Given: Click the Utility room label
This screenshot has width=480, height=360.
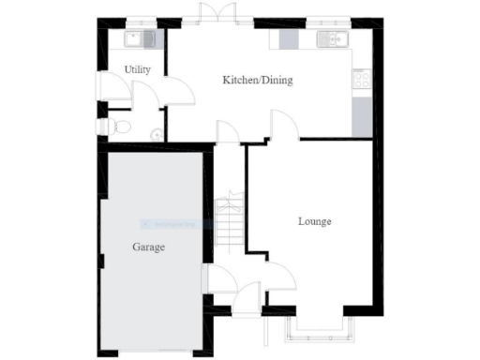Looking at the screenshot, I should (138, 70).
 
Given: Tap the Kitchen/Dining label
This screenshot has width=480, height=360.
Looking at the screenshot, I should (257, 81).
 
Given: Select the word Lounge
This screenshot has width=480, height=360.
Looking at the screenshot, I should (314, 222).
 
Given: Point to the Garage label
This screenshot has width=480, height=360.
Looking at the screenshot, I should (148, 248).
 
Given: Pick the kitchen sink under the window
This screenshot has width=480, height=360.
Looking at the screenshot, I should (333, 38).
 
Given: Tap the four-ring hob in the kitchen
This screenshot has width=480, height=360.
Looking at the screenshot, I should (361, 80).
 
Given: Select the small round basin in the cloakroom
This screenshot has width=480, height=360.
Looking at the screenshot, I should (156, 134).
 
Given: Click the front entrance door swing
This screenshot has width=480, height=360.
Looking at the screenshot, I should (246, 298).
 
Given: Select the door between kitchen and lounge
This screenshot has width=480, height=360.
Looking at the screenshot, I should (283, 125).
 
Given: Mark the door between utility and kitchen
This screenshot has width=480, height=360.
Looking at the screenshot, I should (178, 92).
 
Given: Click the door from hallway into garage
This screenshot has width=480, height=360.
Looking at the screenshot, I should (216, 278).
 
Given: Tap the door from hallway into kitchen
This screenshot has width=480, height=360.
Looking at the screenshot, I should (228, 132).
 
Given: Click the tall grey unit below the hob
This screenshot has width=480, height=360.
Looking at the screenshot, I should (361, 117).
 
